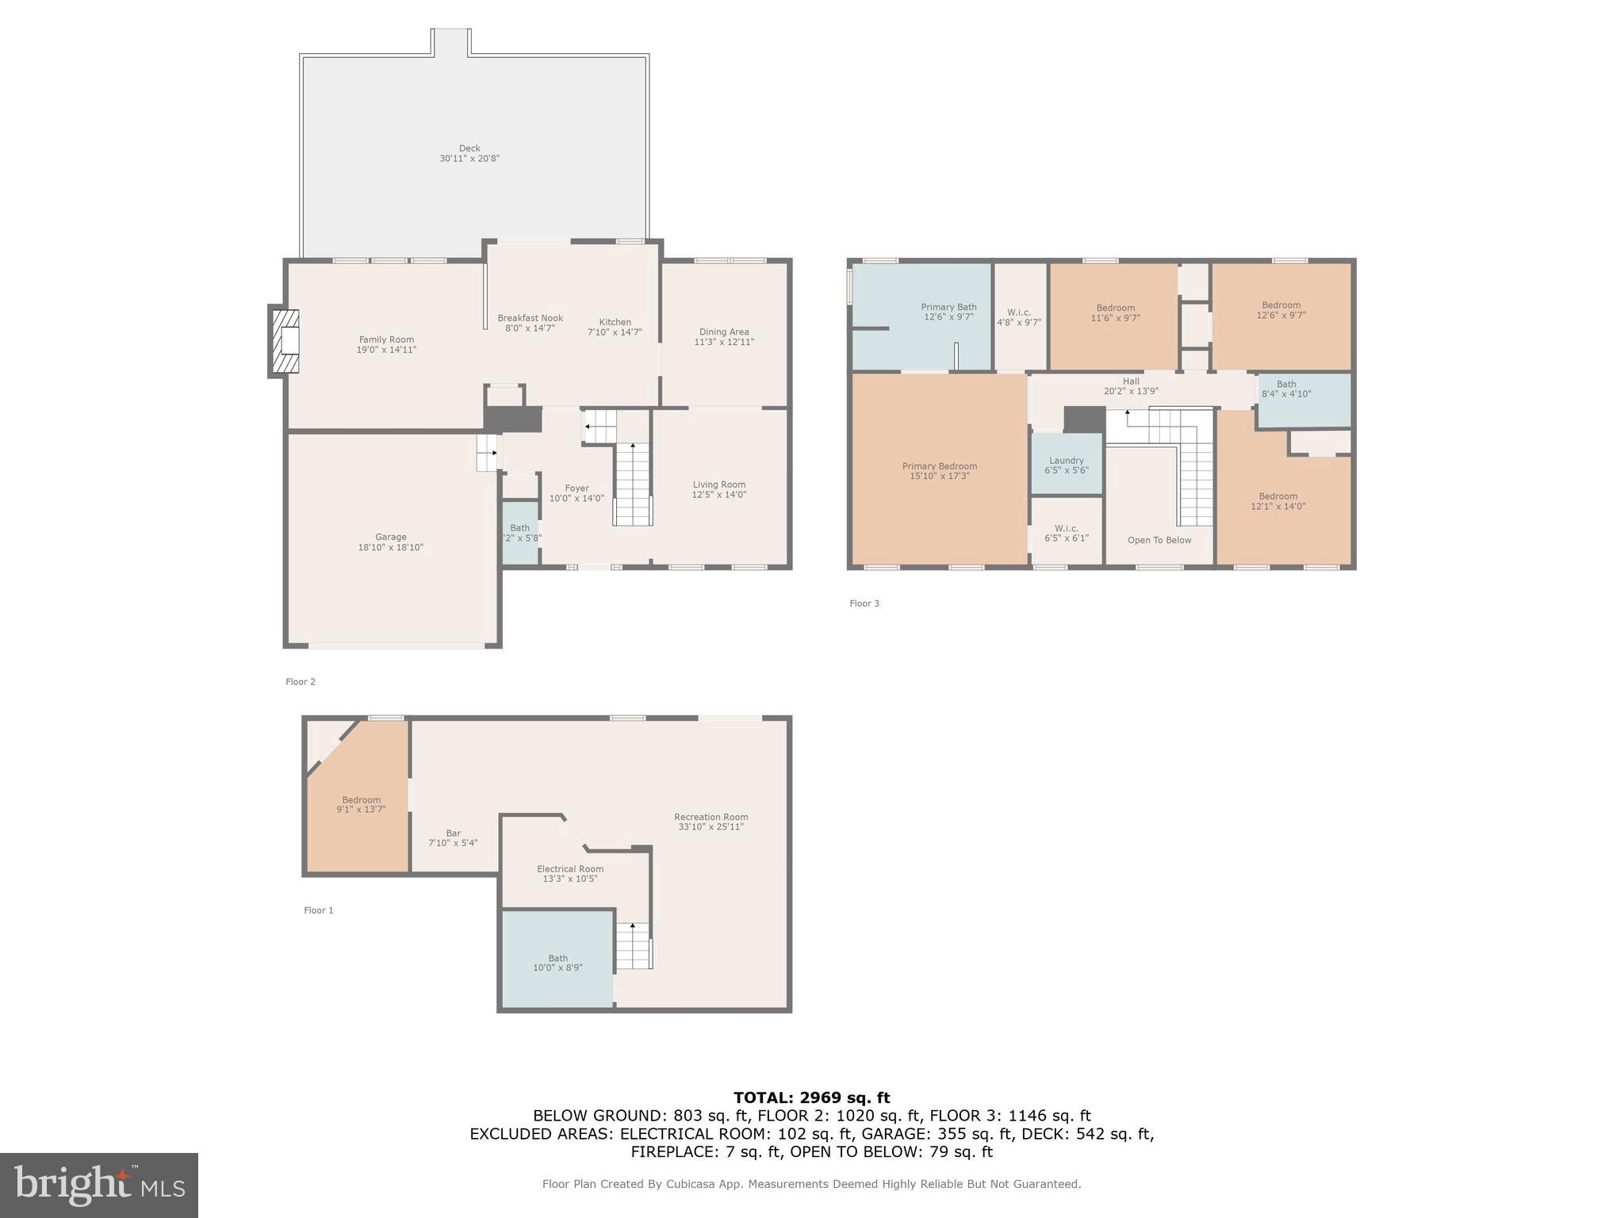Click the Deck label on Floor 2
pos(469,148)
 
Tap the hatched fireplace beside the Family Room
pos(285,341)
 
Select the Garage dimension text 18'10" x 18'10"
pos(391,547)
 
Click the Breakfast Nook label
pos(530,318)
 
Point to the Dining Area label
pos(724,332)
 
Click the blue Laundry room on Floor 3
pos(1067,465)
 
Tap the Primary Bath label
pos(948,307)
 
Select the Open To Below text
pos(1159,540)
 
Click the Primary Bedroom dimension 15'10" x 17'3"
pos(940,476)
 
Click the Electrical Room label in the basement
pos(570,869)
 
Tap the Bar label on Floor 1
pos(453,833)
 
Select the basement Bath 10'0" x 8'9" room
pos(557,959)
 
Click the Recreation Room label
pos(711,817)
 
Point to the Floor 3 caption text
pos(864,603)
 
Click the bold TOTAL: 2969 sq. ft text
pos(811,1098)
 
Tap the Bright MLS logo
pos(99,1185)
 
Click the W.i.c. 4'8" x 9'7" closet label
pos(1019,312)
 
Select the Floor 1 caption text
pos(319,910)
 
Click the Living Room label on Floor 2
pos(719,485)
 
